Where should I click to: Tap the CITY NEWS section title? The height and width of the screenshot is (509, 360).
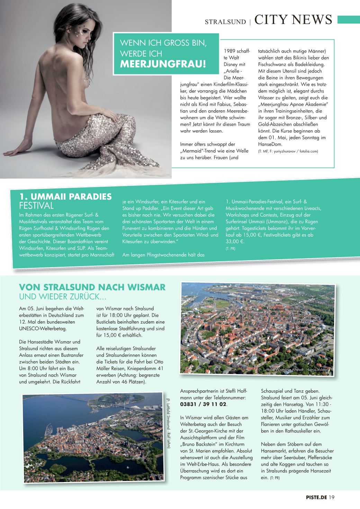(293, 20)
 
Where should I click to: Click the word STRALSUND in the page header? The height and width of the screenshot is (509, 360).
(225, 21)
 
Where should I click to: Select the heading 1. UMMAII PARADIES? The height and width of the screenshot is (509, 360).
(66, 197)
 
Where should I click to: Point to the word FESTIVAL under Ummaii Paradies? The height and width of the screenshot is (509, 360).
(36, 206)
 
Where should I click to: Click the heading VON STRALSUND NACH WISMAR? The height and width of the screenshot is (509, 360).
(92, 287)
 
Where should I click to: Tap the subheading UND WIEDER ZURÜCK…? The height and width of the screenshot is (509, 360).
(62, 297)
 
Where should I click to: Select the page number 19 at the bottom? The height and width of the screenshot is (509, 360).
(332, 498)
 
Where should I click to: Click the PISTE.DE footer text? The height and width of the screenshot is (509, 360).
(314, 498)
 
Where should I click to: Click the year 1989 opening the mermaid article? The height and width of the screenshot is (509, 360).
(230, 51)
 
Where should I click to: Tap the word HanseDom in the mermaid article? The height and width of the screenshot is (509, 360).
(270, 144)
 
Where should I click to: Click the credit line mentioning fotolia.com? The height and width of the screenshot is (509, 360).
(288, 151)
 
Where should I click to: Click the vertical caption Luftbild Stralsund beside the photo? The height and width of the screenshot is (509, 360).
(168, 423)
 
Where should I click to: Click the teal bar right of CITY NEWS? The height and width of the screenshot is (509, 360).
(349, 20)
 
